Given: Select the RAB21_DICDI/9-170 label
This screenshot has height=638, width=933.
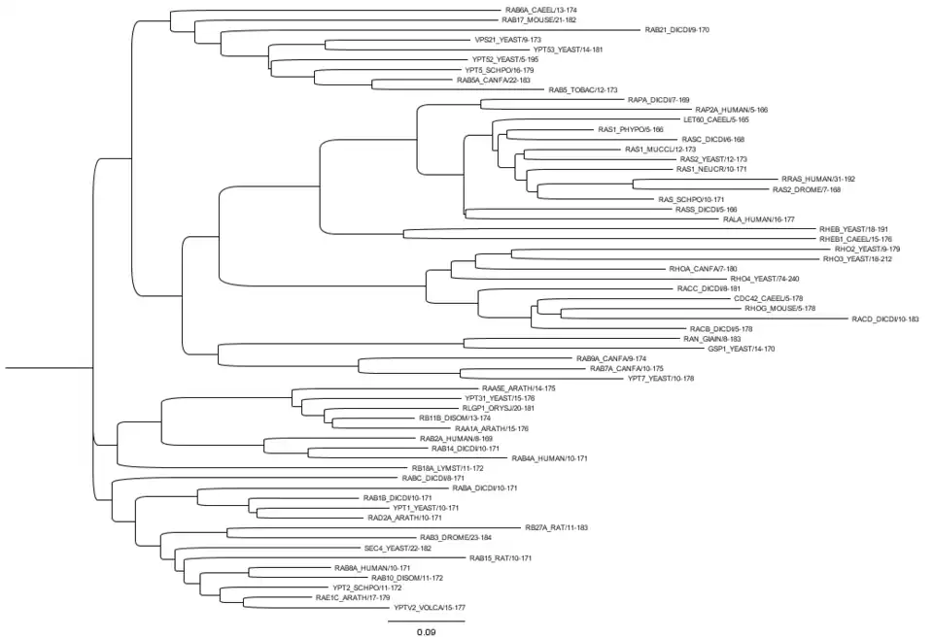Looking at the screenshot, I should click(677, 30).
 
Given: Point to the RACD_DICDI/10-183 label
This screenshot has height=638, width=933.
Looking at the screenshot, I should click(884, 319).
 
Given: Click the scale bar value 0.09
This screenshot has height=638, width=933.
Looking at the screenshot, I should click(426, 632).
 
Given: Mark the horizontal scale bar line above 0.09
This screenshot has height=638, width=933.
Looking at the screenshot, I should click(427, 619).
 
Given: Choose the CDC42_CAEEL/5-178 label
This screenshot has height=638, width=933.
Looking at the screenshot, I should click(768, 298).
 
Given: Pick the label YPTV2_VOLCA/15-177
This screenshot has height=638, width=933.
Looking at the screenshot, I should click(429, 607).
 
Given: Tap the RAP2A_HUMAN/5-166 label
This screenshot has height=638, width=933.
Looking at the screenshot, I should click(731, 110).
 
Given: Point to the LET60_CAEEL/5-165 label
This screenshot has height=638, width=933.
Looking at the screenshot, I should click(716, 119).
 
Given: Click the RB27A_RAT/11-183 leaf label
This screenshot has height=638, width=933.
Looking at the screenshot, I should click(556, 527).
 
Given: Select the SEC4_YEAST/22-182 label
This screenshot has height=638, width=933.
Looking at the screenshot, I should click(398, 548).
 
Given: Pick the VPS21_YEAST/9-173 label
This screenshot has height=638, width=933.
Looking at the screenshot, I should click(507, 40).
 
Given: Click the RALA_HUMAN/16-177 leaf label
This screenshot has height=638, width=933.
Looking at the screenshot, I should click(752, 219).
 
